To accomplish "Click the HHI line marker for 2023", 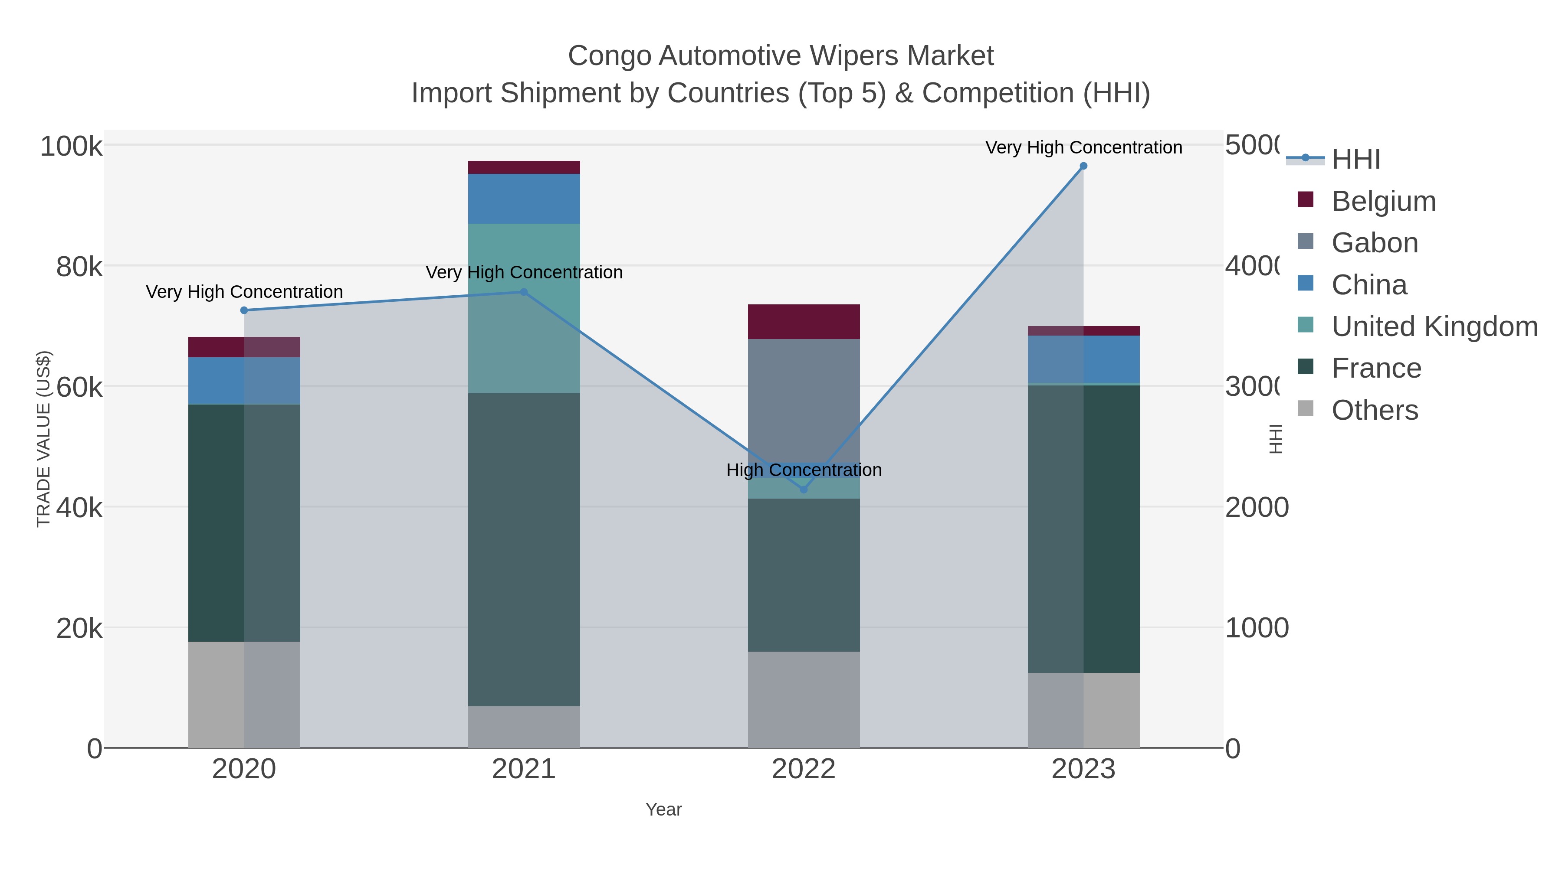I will pos(1083,166).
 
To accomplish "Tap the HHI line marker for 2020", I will pos(244,310).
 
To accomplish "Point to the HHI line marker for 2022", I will pos(804,489).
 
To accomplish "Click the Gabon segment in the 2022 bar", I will pos(804,400).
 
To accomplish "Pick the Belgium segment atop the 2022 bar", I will pos(804,321).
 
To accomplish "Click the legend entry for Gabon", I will pos(1374,243).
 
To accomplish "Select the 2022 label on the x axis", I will pos(804,770).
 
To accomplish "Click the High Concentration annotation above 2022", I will pos(804,470).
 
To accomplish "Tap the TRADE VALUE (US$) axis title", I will pos(44,439).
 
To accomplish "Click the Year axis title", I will pos(663,809).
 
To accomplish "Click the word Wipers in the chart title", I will pos(847,56).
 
